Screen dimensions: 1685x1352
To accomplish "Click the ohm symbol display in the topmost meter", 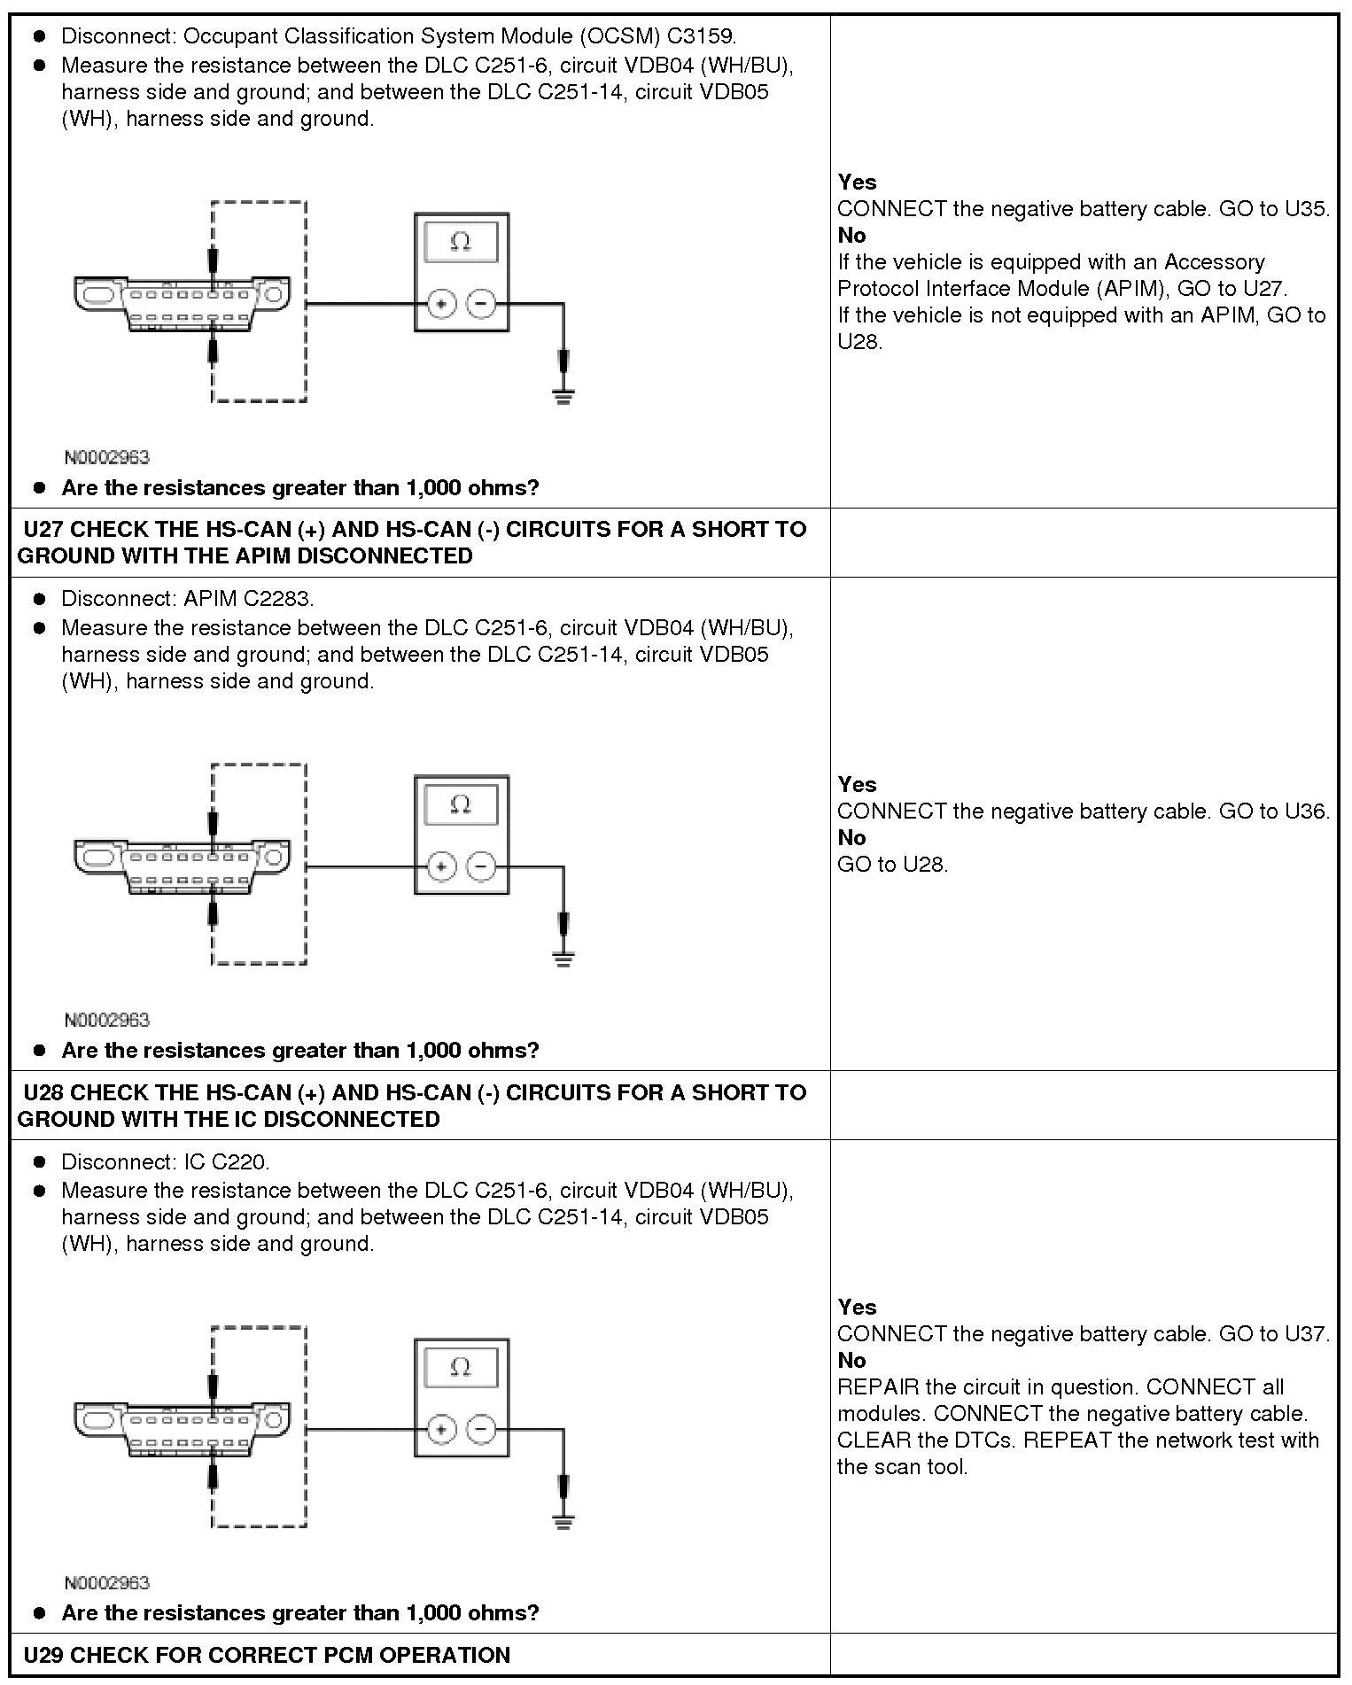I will (461, 241).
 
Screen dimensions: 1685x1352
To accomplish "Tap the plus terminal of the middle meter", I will (441, 866).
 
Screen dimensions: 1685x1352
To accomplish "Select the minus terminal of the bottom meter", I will (481, 1428).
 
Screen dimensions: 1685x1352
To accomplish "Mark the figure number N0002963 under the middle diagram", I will (106, 1020).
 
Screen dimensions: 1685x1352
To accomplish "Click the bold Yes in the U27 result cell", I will (857, 784).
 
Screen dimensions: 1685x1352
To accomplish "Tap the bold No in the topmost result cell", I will (851, 236).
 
